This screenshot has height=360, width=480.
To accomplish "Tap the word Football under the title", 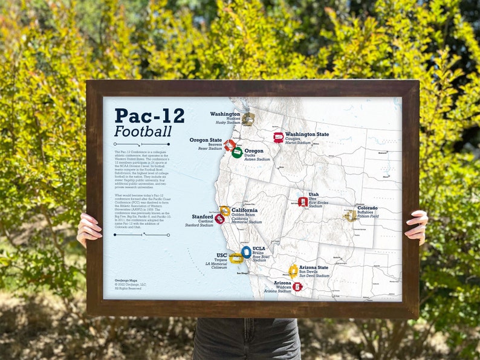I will (x=143, y=131).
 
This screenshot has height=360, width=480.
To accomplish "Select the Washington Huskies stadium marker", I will (x=248, y=119).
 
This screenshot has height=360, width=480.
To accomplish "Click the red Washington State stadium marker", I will (x=278, y=138).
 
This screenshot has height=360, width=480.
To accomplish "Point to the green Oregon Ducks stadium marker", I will (x=237, y=152).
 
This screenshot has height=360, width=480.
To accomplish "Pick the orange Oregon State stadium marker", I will (x=229, y=145).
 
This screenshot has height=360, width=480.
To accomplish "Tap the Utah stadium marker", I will (x=303, y=202).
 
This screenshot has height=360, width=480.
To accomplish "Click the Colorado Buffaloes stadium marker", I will (x=350, y=216).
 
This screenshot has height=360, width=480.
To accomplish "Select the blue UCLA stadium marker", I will (x=246, y=252).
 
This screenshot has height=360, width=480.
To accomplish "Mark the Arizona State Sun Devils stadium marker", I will (x=293, y=271).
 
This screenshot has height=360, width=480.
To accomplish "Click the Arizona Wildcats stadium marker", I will (x=297, y=286).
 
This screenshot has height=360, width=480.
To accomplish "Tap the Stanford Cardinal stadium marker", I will (x=219, y=219).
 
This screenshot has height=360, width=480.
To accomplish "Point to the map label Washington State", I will (x=307, y=134).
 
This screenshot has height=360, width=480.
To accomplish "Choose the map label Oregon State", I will (x=206, y=140).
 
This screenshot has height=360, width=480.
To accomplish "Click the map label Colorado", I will (x=368, y=208).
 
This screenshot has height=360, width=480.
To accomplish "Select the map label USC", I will (x=221, y=255).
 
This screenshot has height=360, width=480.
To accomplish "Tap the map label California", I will (x=244, y=210).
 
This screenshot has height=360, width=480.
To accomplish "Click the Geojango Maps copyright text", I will (x=128, y=284).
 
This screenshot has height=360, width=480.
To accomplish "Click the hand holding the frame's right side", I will (x=418, y=226).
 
